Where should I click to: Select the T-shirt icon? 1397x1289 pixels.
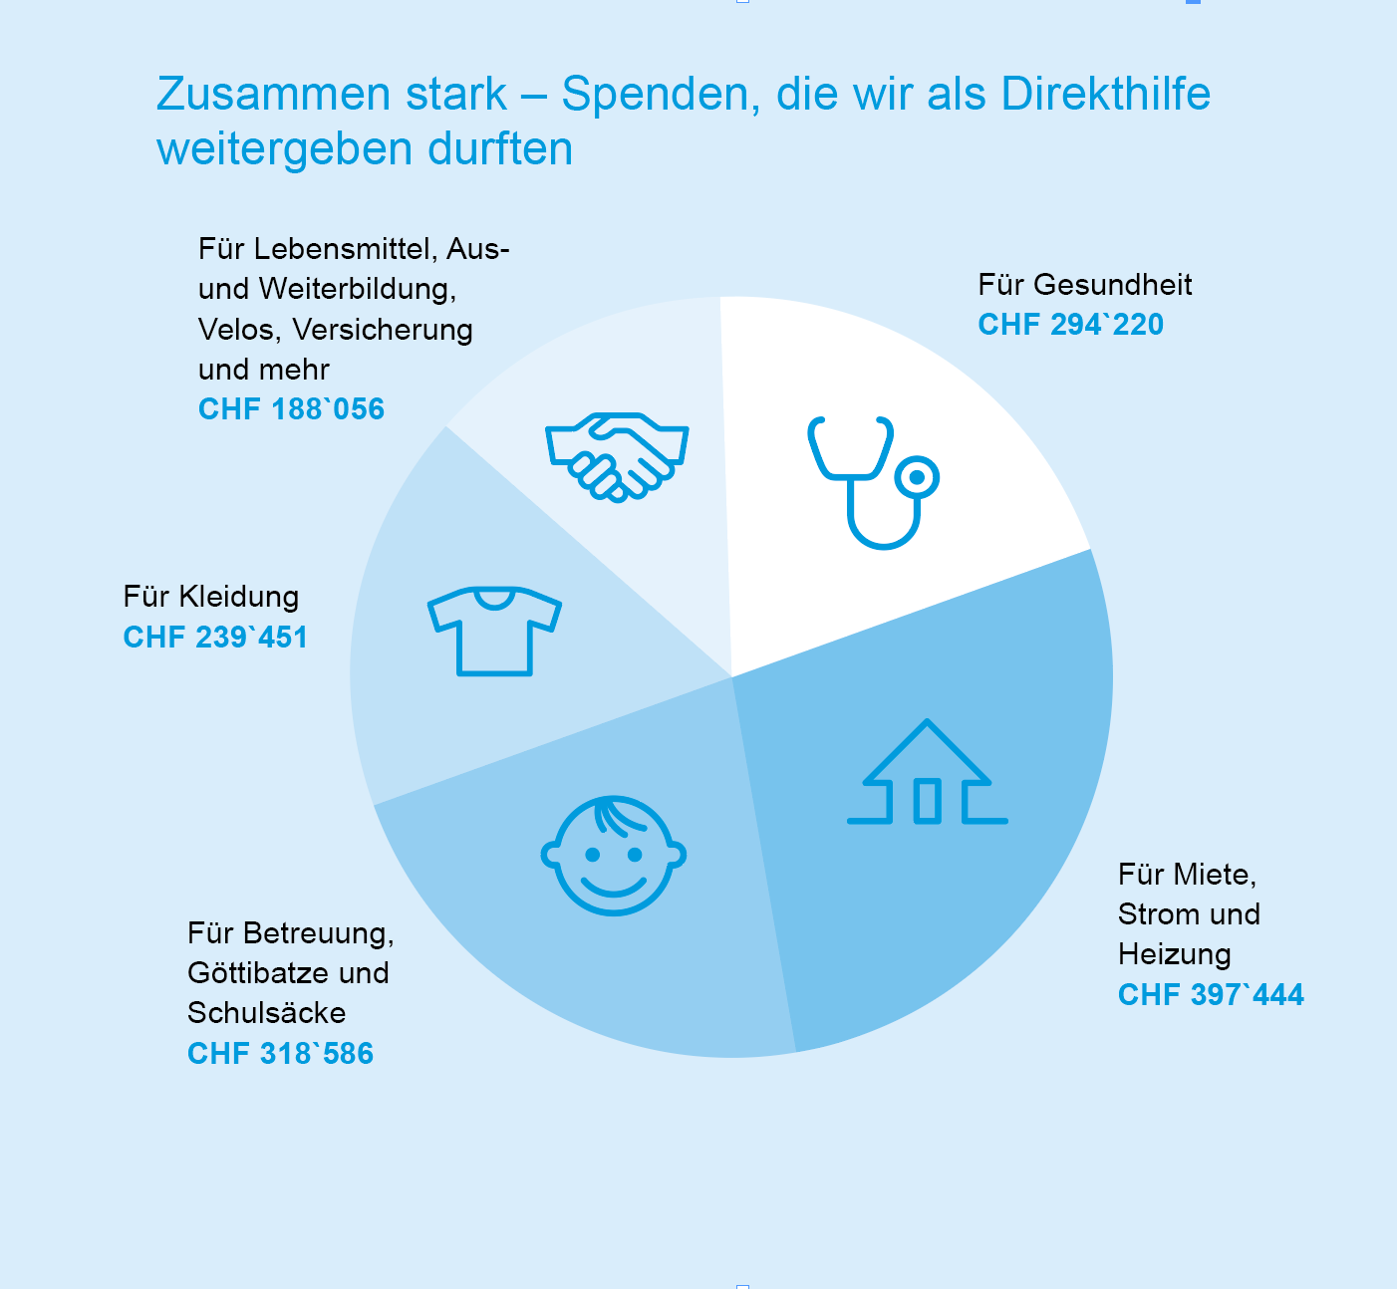tap(494, 631)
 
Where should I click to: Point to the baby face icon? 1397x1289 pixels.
tap(613, 855)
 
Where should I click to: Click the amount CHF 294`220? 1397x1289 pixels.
tap(1070, 325)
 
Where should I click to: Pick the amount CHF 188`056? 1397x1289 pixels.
tap(291, 409)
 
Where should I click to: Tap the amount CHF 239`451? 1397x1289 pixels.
tap(215, 638)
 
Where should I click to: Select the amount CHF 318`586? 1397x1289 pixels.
tap(280, 1054)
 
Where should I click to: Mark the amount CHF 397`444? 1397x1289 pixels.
tap(1211, 995)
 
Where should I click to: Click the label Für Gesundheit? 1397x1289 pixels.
tap(1084, 285)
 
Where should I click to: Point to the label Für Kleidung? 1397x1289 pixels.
tap(211, 597)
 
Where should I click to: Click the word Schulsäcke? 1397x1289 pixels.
tap(266, 1013)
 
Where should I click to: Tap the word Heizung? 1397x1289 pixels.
tap(1174, 954)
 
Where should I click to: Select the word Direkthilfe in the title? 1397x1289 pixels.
tap(1105, 95)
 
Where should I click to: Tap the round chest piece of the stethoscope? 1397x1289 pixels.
tap(917, 478)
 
